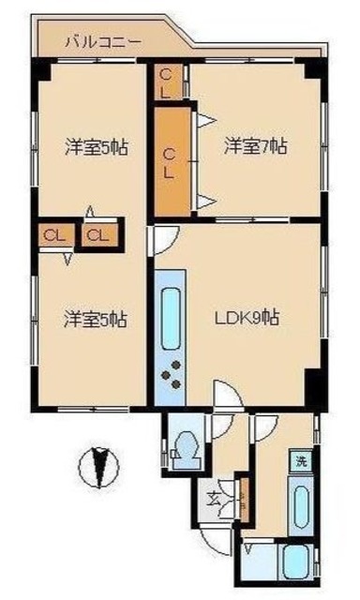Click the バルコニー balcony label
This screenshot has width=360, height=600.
tap(102, 42)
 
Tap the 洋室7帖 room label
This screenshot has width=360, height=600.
tap(255, 146)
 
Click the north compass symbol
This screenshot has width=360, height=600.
tap(97, 466)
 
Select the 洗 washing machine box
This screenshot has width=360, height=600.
tap(301, 462)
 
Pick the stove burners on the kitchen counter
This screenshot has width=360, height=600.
tap(172, 379)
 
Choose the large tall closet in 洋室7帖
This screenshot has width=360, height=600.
tap(171, 159)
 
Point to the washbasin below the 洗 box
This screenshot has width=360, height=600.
tap(300, 507)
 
